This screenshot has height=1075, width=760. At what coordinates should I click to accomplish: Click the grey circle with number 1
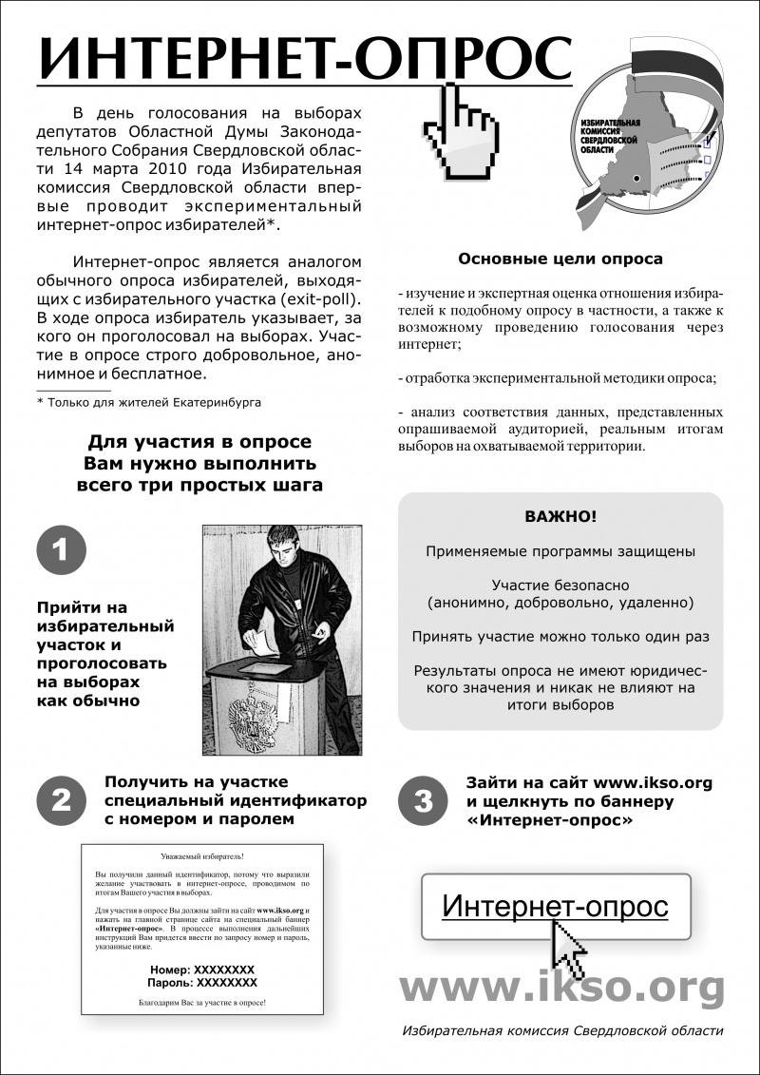61,550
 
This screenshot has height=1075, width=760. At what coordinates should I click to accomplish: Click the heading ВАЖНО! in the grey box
561,518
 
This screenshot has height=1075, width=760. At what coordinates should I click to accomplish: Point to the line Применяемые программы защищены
560,551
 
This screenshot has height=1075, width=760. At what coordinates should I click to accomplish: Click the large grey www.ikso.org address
560,989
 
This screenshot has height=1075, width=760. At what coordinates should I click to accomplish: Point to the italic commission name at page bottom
562,1031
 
